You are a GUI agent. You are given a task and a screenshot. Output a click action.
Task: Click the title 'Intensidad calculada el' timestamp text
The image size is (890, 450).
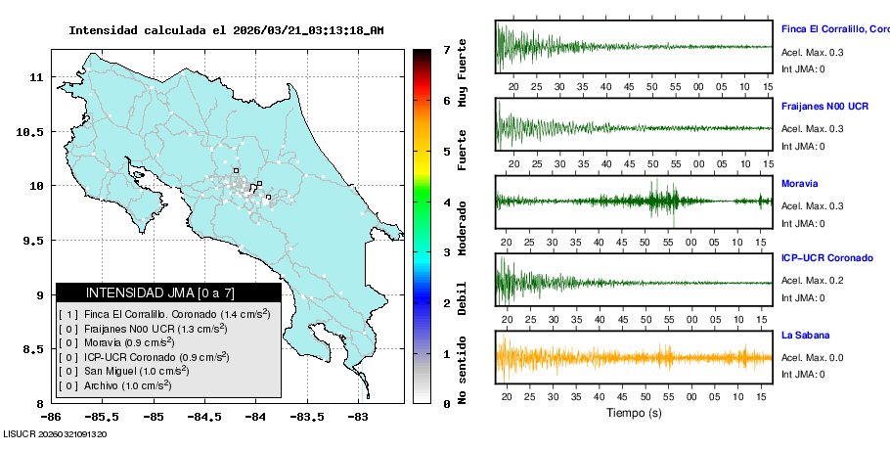click(226, 30)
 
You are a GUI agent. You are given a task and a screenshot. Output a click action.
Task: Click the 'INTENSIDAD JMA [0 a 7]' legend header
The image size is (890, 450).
click(160, 292)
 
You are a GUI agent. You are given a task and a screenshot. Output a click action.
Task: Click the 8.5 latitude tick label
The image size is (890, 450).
click(34, 349)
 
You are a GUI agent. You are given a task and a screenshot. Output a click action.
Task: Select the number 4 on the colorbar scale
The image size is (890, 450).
click(446, 202)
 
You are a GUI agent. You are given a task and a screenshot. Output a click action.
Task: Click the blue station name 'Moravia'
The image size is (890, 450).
click(799, 184)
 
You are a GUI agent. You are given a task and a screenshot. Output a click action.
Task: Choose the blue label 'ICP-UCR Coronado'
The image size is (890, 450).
click(826, 258)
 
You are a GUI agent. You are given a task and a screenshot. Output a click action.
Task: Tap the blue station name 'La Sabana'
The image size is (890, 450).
click(804, 335)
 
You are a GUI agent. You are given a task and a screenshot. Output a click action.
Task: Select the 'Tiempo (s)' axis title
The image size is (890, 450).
click(633, 413)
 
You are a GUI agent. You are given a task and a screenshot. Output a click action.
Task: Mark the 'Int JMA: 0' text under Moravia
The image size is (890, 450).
click(803, 223)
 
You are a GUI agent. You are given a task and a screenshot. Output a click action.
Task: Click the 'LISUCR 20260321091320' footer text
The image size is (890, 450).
click(55, 433)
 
